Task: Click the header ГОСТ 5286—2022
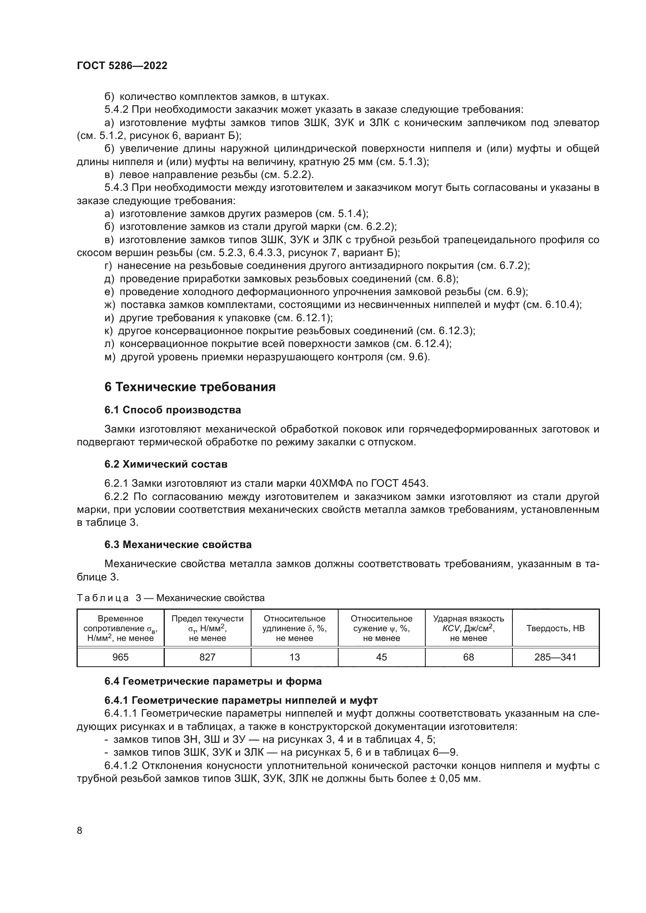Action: [122, 66]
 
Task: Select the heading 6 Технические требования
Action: [190, 387]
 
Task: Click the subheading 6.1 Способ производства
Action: [173, 410]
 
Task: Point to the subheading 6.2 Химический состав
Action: [166, 464]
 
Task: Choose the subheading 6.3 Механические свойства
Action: [178, 545]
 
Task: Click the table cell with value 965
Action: [120, 657]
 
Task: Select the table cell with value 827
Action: [207, 657]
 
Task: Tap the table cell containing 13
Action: [294, 657]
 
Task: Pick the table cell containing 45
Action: [381, 657]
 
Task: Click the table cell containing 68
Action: [468, 657]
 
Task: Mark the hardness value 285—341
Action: [555, 657]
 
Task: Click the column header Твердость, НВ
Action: [555, 628]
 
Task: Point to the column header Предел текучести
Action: [207, 619]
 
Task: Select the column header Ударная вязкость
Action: [468, 619]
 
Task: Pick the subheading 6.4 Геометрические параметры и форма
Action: [213, 681]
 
